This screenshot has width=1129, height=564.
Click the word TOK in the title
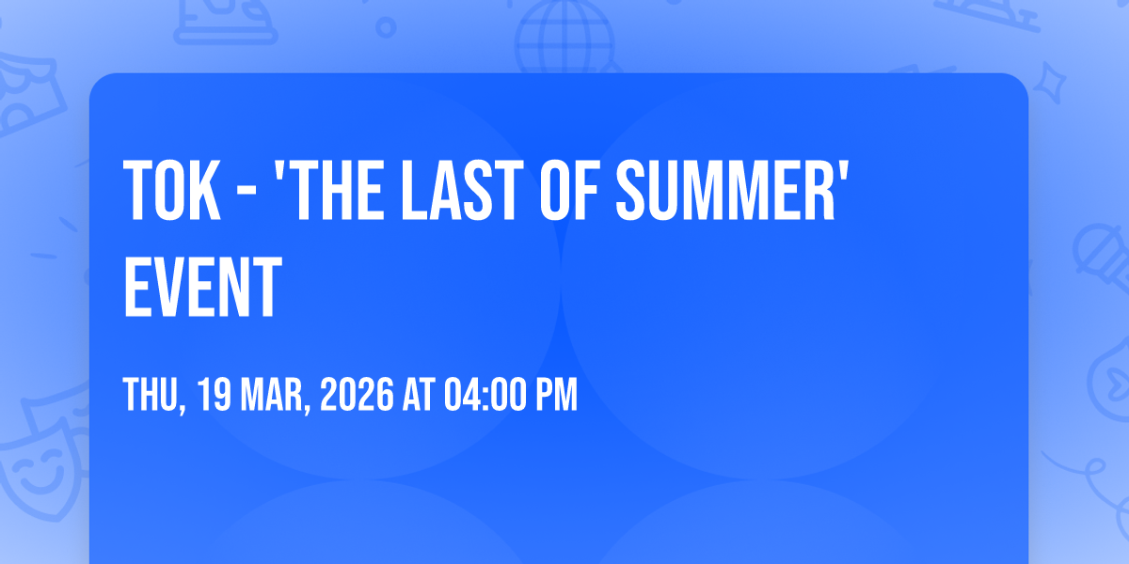[172, 190]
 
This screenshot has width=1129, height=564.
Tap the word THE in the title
[337, 190]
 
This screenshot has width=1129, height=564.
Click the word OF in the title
[569, 190]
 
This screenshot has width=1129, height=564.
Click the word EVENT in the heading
[202, 287]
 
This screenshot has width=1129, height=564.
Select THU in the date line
[151, 395]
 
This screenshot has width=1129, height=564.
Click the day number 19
[214, 395]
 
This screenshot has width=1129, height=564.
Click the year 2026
[357, 395]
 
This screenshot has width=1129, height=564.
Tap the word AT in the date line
[419, 395]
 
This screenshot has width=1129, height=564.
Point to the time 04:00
[484, 395]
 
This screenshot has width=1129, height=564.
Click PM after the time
[556, 395]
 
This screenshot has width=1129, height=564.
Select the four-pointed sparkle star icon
[1049, 83]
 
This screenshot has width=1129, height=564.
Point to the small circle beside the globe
[386, 27]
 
